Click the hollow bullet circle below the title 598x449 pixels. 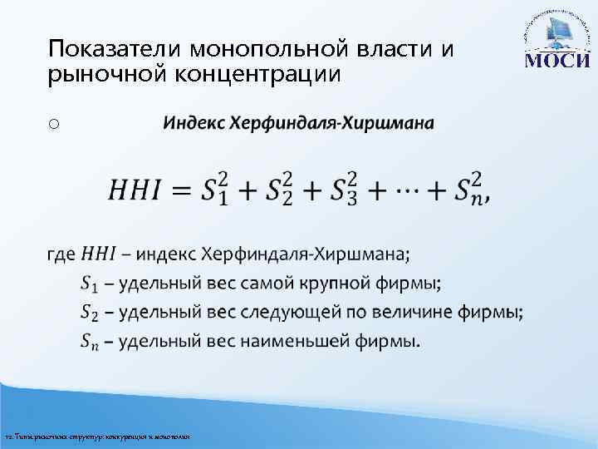point(53,124)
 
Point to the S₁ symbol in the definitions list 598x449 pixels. point(89,284)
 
